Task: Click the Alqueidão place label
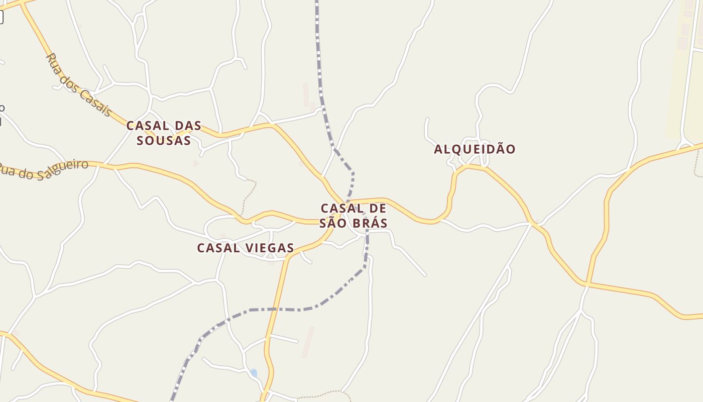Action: pyautogui.click(x=475, y=149)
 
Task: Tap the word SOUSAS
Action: pyautogui.click(x=164, y=141)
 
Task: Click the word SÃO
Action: pyautogui.click(x=333, y=223)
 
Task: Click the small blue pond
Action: pyautogui.click(x=254, y=373)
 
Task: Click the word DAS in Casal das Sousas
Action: pyautogui.click(x=188, y=126)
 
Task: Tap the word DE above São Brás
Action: pyautogui.click(x=377, y=208)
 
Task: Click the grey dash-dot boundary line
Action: pyautogui.click(x=281, y=310)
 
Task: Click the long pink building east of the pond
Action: pyautogui.click(x=308, y=342)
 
